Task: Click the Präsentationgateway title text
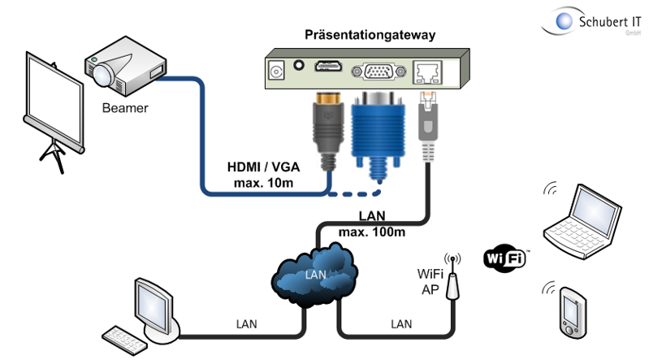pos(370,35)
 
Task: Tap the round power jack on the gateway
pos(277,71)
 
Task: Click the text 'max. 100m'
pos(370,232)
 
